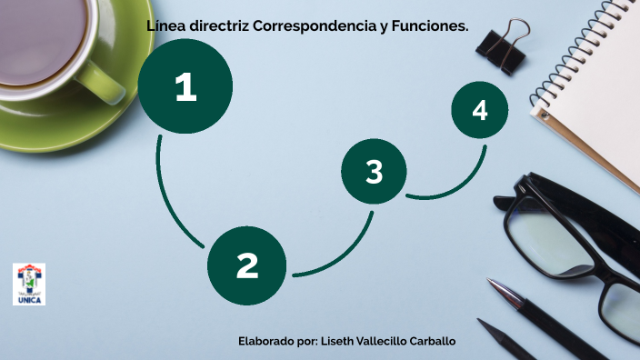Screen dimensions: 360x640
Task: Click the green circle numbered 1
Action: pos(185,87)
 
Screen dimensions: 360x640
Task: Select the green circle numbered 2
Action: pos(247,265)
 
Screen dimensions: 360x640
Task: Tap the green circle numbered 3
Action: pos(374,172)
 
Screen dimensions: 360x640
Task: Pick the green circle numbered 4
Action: pos(480,111)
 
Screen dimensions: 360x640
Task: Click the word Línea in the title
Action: pos(165,26)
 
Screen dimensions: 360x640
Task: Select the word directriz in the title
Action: pos(219,26)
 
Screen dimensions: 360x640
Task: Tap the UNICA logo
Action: pos(28,285)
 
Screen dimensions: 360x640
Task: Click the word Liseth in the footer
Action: pos(340,341)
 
